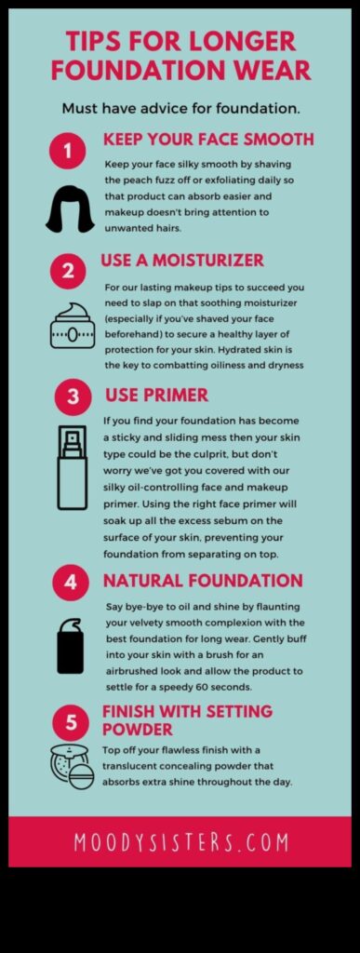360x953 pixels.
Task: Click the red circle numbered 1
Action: [68, 150]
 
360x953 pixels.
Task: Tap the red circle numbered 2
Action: [68, 271]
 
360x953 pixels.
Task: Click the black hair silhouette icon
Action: [71, 208]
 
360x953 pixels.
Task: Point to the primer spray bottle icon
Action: [72, 467]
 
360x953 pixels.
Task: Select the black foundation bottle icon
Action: [71, 645]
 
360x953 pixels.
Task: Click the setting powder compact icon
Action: [72, 766]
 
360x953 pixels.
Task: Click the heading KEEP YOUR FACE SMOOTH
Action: [207, 141]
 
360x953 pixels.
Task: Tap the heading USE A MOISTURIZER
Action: [182, 261]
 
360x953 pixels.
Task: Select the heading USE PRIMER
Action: [156, 396]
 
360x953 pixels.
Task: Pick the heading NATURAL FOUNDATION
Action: [202, 581]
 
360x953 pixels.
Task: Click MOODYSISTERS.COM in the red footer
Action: [180, 841]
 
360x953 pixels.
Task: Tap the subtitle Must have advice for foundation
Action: [180, 108]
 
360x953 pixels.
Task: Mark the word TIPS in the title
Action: [98, 41]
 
